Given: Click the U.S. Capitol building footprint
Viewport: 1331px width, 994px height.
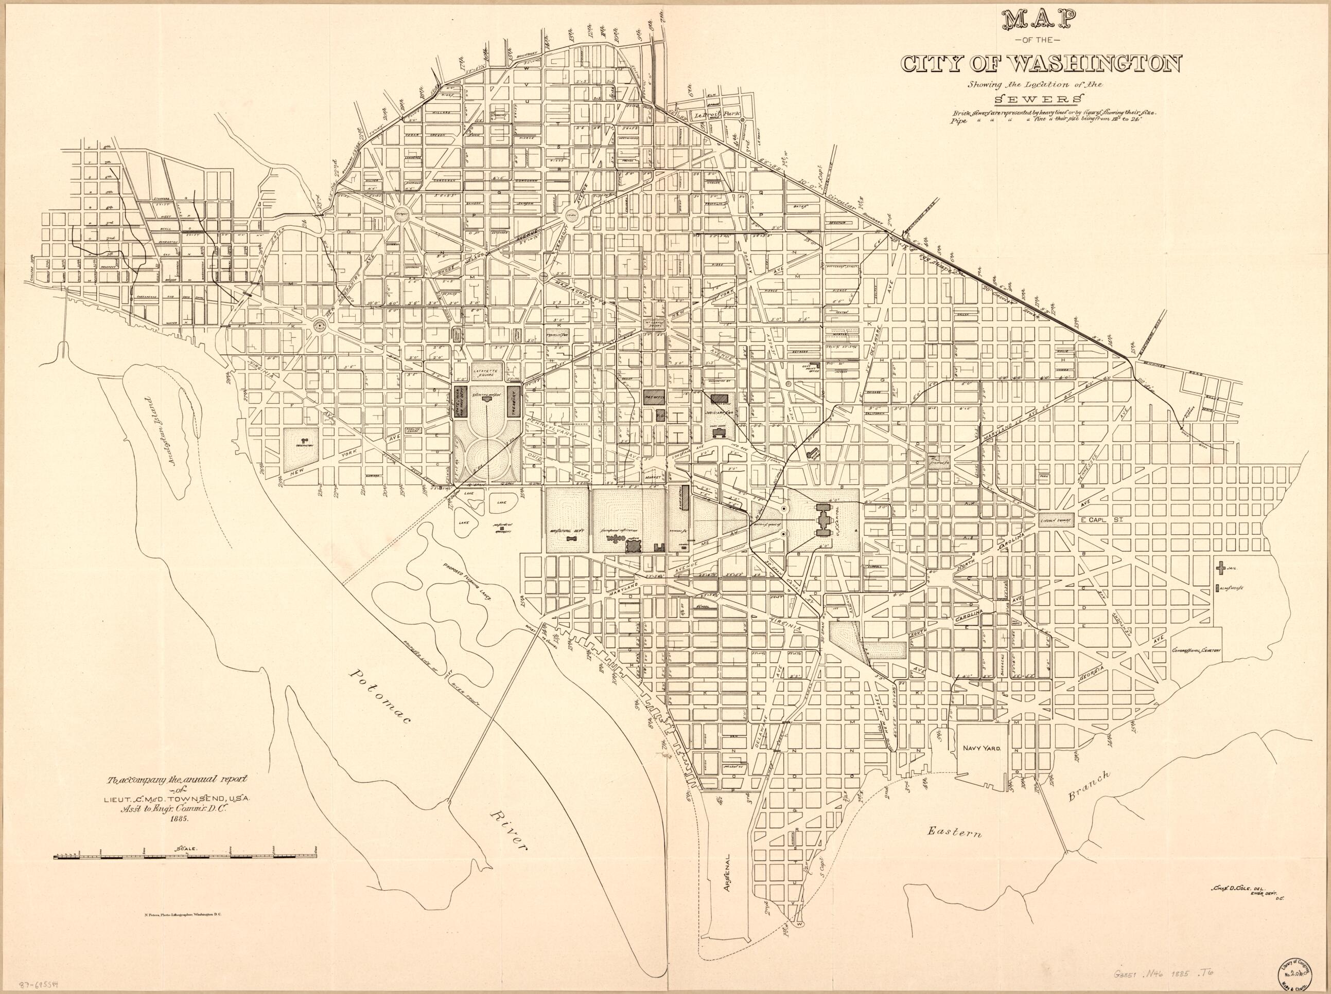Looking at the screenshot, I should coord(822,518).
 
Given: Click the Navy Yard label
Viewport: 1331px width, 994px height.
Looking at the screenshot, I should coord(978,767).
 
